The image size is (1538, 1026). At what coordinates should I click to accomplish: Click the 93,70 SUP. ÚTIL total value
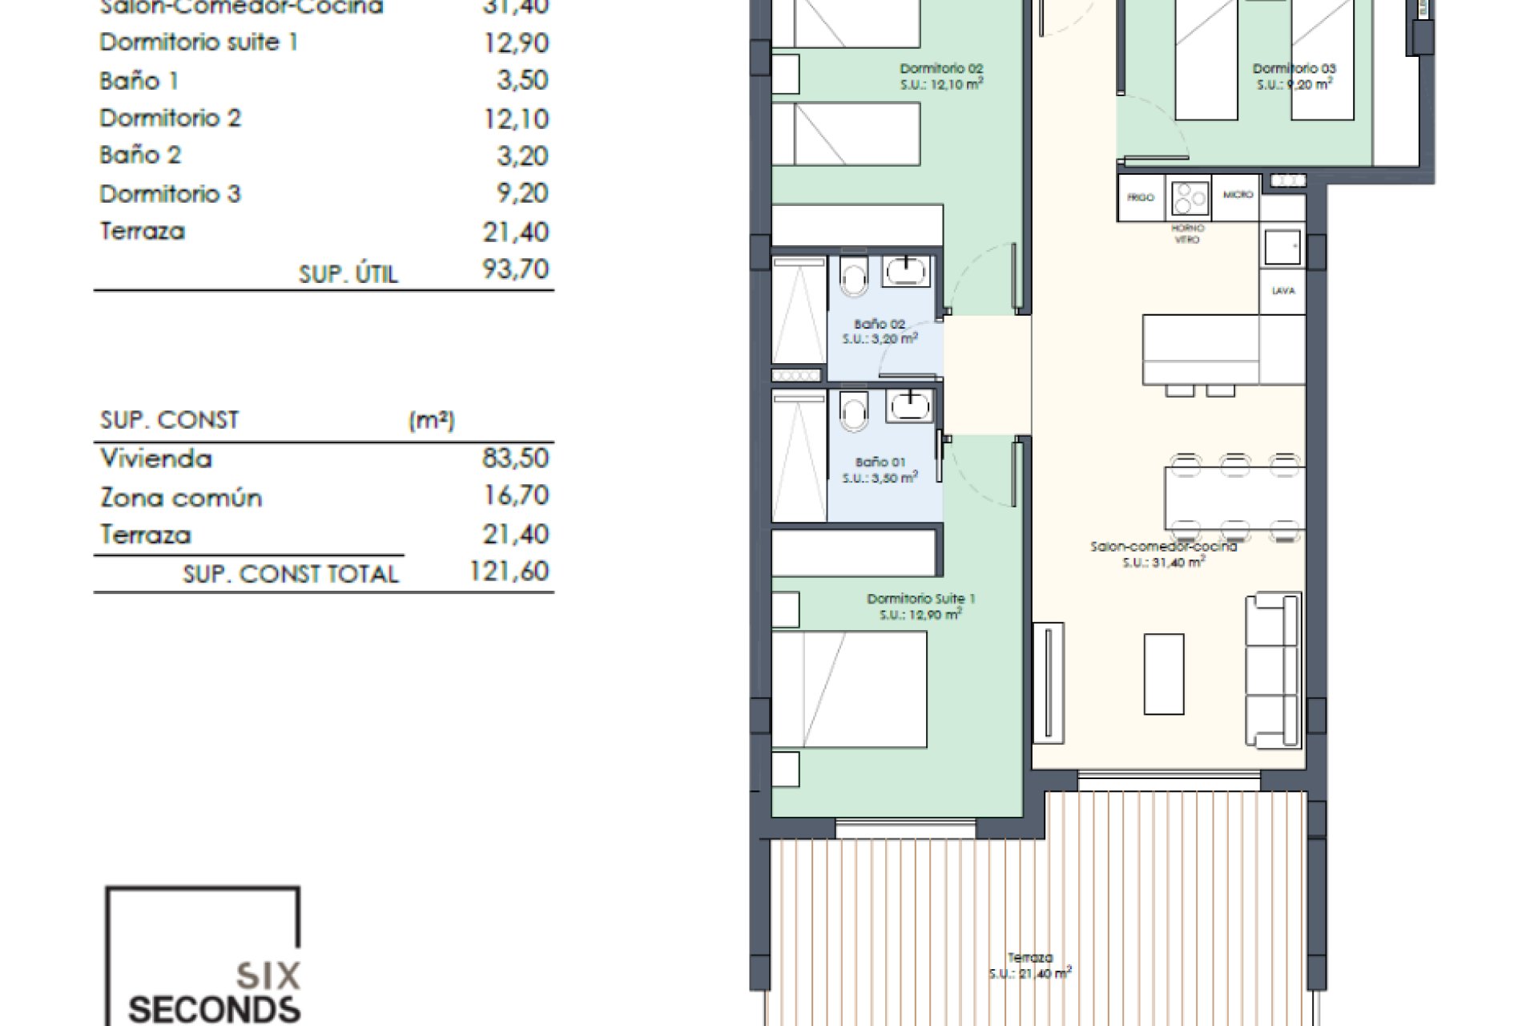tap(515, 269)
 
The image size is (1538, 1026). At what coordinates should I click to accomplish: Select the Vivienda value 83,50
tap(515, 458)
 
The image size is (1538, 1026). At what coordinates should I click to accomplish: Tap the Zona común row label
tap(181, 497)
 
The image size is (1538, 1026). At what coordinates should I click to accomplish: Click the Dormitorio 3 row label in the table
tap(170, 193)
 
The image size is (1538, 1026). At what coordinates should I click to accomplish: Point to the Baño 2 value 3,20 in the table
tap(522, 156)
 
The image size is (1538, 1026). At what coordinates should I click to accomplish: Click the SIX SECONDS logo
tap(203, 958)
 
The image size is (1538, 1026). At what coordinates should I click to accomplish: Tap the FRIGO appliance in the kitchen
tap(1141, 197)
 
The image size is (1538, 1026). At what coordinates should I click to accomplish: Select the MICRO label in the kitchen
tap(1238, 195)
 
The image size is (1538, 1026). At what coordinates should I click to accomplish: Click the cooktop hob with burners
tap(1190, 198)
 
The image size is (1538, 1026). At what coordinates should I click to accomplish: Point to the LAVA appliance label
tap(1283, 290)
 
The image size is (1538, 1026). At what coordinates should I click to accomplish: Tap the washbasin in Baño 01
tap(908, 406)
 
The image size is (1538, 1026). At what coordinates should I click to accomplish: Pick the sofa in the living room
tap(1273, 670)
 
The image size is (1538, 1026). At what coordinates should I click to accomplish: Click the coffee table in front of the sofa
tap(1164, 673)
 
